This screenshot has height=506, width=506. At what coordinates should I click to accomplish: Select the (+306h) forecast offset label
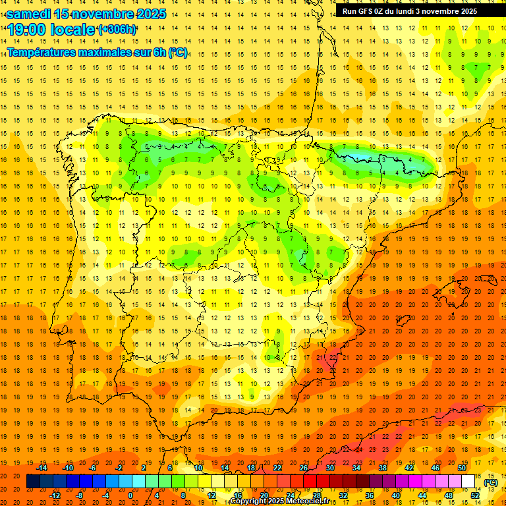(x=117, y=29)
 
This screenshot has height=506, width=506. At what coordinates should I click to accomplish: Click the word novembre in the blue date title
(x=103, y=14)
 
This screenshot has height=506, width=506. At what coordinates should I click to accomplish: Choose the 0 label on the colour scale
(x=130, y=495)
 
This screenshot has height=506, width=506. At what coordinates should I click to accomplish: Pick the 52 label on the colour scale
(x=474, y=495)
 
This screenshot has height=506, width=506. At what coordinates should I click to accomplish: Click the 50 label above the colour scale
(x=462, y=468)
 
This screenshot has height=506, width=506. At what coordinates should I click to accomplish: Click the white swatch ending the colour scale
(x=468, y=482)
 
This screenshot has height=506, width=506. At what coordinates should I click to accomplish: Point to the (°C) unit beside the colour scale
(x=491, y=482)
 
